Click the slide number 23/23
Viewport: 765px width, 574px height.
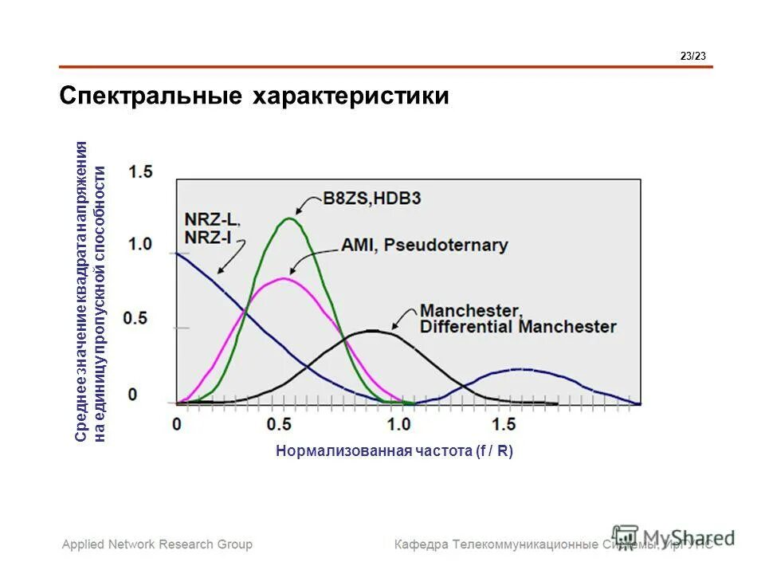(693, 55)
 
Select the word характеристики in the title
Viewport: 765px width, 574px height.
(351, 96)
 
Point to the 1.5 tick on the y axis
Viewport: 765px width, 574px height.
(140, 171)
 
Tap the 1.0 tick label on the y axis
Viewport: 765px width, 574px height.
(140, 244)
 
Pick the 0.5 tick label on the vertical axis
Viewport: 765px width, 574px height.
(135, 318)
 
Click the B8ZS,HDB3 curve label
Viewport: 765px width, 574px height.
(360, 199)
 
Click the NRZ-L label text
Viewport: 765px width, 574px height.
(212, 218)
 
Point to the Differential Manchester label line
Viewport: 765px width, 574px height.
(518, 327)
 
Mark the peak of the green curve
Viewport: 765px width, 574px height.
(290, 218)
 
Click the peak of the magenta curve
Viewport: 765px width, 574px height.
(282, 278)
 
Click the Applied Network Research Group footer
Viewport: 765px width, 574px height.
(158, 545)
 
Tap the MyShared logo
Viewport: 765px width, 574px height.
(673, 537)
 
